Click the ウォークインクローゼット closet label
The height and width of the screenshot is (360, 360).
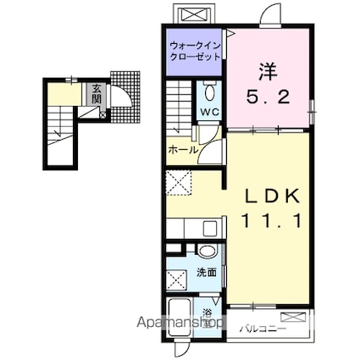coord(196,50)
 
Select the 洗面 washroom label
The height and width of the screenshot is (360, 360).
coord(208,273)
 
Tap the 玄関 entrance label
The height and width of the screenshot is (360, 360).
coord(97,93)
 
